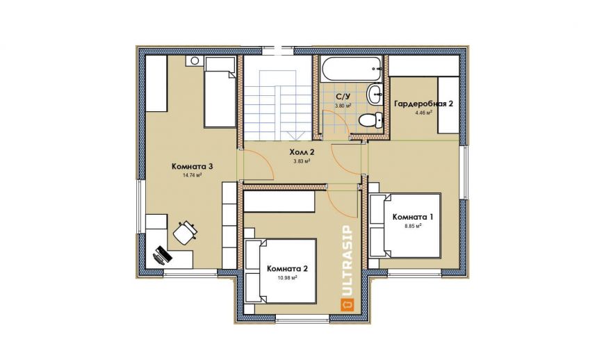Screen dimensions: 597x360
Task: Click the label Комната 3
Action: [193, 166]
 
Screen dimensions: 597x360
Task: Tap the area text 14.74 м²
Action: [193, 175]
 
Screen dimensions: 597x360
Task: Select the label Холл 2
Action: [302, 152]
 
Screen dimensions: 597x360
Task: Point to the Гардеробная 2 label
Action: [424, 104]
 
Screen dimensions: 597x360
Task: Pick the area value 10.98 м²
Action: [288, 278]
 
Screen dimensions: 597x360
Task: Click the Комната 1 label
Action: [413, 217]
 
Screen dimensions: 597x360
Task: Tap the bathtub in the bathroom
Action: [351, 69]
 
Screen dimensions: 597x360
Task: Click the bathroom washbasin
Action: [375, 93]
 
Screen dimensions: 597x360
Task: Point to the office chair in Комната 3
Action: [186, 231]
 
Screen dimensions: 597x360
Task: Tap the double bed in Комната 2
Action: [281, 271]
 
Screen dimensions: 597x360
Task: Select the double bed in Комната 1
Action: [405, 226]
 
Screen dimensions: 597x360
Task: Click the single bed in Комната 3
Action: [220, 92]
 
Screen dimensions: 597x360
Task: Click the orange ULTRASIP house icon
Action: [347, 304]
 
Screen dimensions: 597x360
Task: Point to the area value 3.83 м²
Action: [301, 161]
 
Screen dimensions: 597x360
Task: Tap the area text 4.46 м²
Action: [424, 113]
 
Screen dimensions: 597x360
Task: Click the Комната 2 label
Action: [288, 269]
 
